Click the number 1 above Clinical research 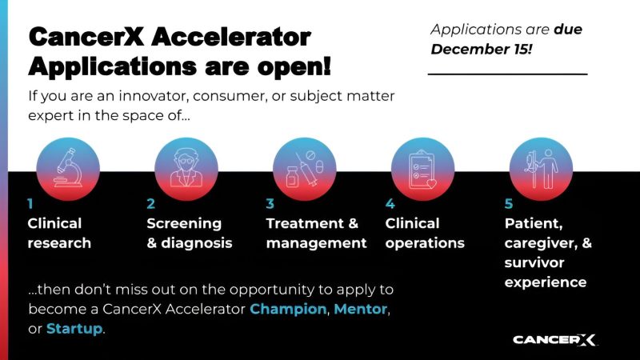coord(30,204)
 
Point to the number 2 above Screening coord(150,204)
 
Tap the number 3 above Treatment coord(270,204)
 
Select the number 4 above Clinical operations coord(390,204)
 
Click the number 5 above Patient coord(508,204)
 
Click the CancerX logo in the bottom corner coord(554,339)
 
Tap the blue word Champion coord(288,308)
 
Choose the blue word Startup coord(74,328)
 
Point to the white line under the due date coord(507,74)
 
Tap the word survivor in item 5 coord(534,262)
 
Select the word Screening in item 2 coord(184,223)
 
